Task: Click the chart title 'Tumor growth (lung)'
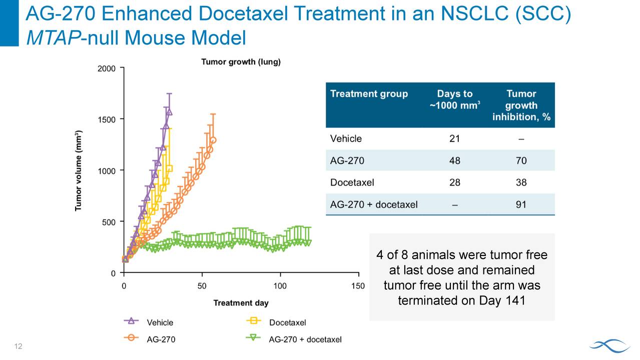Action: (x=241, y=62)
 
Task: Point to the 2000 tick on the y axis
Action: (x=106, y=68)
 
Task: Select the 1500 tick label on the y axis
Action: (x=106, y=119)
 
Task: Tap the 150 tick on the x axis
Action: (x=358, y=285)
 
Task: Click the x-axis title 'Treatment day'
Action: (x=241, y=302)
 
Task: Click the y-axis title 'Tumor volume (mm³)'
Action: (x=79, y=170)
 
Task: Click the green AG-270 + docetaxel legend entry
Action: (x=294, y=339)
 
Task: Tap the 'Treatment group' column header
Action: (x=369, y=94)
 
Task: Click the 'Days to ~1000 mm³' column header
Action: (x=454, y=99)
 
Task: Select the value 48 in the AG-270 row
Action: (x=454, y=160)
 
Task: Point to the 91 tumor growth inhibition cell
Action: (x=521, y=204)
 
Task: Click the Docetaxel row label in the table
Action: (x=352, y=182)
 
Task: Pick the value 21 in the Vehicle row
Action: (x=454, y=138)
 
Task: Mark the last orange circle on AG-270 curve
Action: (x=213, y=140)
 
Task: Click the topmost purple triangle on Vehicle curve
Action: (x=169, y=111)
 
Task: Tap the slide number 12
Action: (x=19, y=346)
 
